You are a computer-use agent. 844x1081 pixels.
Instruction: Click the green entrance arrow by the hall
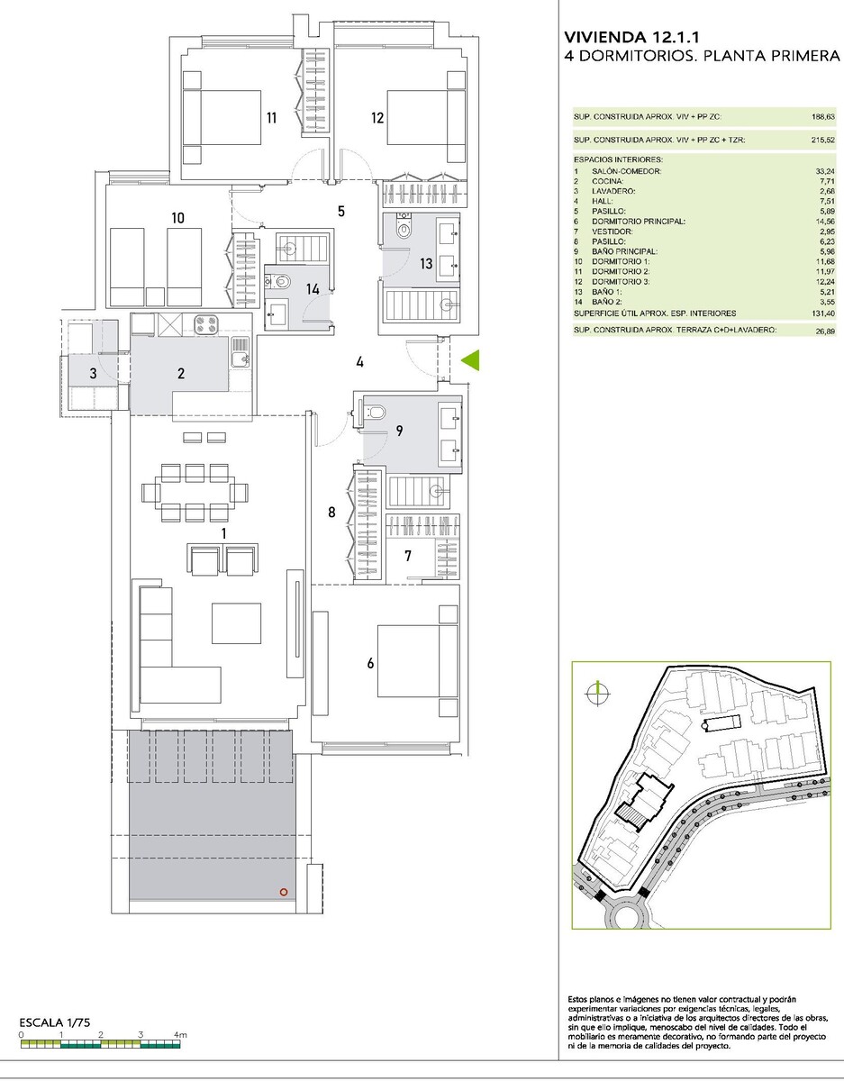tap(471, 360)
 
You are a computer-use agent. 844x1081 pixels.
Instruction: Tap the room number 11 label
tap(271, 118)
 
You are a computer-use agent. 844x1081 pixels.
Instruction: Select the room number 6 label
tap(370, 663)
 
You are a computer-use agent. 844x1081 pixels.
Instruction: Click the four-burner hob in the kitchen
tap(205, 325)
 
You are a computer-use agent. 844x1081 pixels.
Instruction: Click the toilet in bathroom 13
tap(404, 227)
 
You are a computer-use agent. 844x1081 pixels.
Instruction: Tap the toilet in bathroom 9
tap(374, 412)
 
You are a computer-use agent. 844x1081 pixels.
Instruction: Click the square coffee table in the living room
tap(236, 623)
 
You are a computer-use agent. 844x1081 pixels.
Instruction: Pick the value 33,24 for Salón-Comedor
tap(825, 171)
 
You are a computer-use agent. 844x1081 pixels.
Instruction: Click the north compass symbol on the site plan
tap(598, 693)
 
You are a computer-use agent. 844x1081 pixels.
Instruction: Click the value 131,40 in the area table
tap(824, 313)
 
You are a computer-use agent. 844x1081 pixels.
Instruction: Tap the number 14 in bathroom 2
tap(313, 289)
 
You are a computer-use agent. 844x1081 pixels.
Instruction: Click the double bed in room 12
tap(427, 118)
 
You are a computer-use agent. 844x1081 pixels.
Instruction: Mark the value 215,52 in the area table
tap(823, 141)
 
